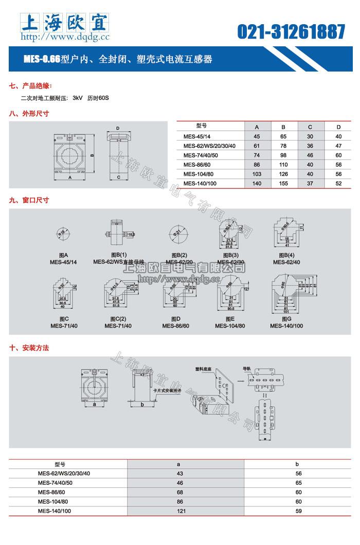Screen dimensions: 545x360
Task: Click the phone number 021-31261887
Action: click(291, 32)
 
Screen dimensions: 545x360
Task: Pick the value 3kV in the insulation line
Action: click(78, 97)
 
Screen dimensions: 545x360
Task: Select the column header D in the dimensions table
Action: click(338, 127)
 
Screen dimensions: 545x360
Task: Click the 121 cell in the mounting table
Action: click(179, 511)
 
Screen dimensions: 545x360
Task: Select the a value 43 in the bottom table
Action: click(179, 473)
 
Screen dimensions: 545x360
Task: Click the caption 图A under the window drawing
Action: click(63, 256)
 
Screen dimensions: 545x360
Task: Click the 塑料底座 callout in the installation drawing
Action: click(204, 369)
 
